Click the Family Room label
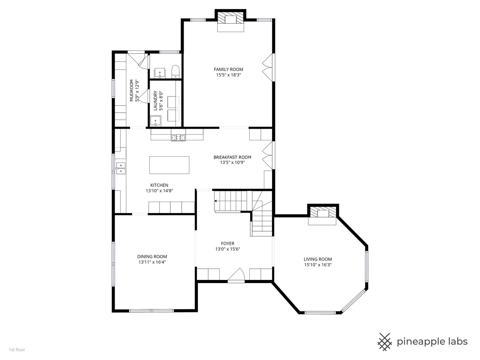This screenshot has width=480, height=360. click(x=228, y=70)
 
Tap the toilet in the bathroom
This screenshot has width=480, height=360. click(x=175, y=71)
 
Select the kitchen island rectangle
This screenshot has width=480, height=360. click(x=169, y=165)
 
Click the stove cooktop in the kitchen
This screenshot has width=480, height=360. click(x=178, y=138)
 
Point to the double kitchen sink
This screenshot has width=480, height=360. click(x=121, y=168)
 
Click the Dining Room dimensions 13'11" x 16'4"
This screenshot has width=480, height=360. click(x=152, y=262)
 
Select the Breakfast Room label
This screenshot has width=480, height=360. click(x=232, y=157)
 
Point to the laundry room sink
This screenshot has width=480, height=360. click(x=155, y=121)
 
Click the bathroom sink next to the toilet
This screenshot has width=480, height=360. click(x=160, y=73)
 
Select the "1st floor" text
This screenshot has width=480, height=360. click(x=17, y=350)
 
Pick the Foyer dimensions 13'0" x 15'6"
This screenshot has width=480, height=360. click(x=228, y=249)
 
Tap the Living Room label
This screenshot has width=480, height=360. click(x=318, y=259)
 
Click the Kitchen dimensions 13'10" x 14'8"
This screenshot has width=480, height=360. click(x=159, y=191)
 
